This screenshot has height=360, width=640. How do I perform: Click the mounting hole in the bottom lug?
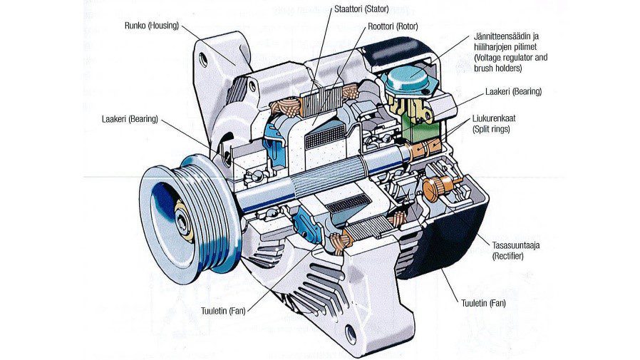[351, 332]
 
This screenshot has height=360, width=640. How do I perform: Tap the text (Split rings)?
[491, 130]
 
